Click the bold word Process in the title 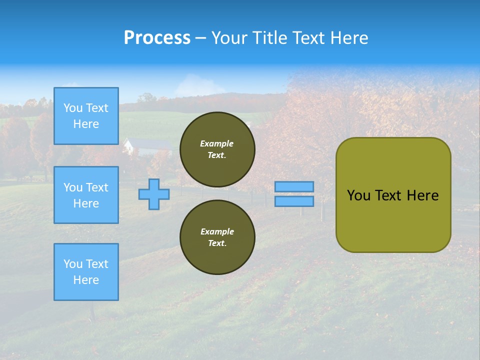pyautogui.click(x=157, y=38)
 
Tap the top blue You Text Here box pyautogui.click(x=86, y=116)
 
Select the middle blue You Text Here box pyautogui.click(x=86, y=195)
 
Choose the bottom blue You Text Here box pyautogui.click(x=86, y=272)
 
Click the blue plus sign pyautogui.click(x=154, y=194)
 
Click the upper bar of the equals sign pyautogui.click(x=294, y=186)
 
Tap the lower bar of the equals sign pyautogui.click(x=294, y=201)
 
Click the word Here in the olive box pyautogui.click(x=422, y=195)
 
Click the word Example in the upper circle pyautogui.click(x=217, y=143)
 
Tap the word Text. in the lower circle pyautogui.click(x=217, y=243)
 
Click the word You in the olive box pyautogui.click(x=358, y=195)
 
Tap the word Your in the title pyautogui.click(x=230, y=38)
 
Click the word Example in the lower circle pyautogui.click(x=217, y=231)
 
